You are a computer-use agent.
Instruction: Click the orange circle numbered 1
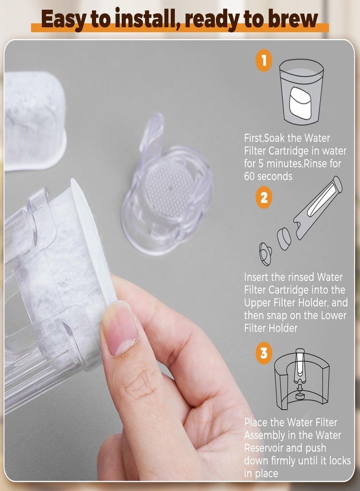pos(264,60)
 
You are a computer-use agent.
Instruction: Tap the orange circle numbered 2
pos(264,197)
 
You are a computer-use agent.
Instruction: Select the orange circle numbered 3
pos(264,353)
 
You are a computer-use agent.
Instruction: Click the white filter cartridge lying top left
pos(34,121)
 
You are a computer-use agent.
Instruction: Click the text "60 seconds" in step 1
pos(268,176)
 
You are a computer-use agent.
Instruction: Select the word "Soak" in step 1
pos(275,138)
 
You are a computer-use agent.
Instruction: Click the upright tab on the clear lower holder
pos(152,133)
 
